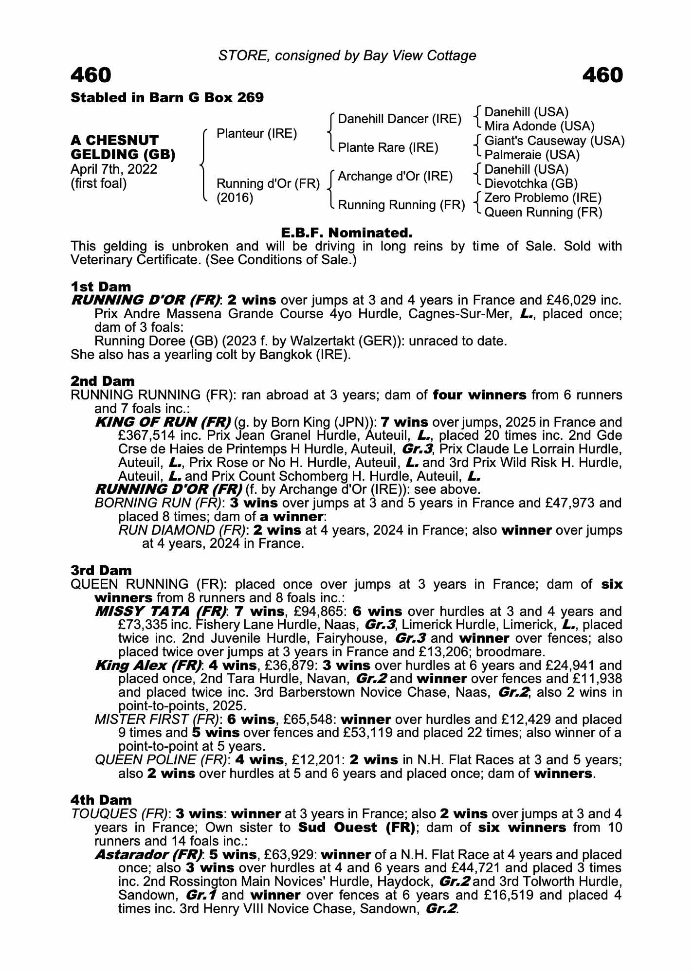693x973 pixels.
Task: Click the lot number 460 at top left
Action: point(91,75)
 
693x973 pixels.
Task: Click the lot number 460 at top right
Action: point(602,75)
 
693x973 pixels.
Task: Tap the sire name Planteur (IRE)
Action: point(256,134)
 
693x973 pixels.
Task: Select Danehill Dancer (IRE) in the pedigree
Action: point(400,119)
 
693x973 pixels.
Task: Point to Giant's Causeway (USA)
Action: point(555,141)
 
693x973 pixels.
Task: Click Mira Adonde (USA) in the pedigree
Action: point(539,126)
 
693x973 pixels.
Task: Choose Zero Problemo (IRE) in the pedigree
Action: point(543,198)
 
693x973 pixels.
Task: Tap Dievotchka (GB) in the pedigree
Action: point(531,183)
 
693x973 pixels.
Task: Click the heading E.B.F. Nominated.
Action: point(346,233)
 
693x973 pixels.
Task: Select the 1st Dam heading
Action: point(101,287)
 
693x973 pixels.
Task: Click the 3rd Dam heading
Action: point(101,570)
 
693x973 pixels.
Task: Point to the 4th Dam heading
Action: point(101,800)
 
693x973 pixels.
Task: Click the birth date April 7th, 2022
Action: point(114,169)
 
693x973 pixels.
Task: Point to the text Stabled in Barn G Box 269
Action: point(167,98)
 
